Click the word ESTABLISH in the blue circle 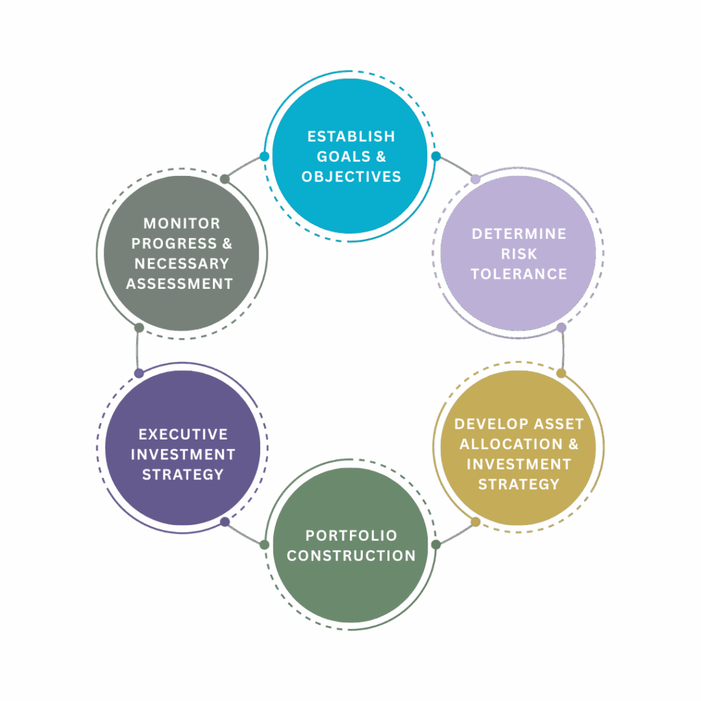[x=351, y=136]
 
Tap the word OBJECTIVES [x=351, y=177]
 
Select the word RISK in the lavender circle [x=519, y=254]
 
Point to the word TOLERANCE [x=519, y=274]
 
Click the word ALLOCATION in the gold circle [x=511, y=444]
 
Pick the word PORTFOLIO [x=351, y=535]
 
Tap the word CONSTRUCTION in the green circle [x=351, y=556]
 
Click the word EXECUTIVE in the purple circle [x=183, y=434]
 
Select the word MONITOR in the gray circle [x=182, y=224]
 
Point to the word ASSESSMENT [x=179, y=284]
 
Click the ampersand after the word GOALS [x=381, y=157]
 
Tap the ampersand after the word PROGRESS [x=227, y=244]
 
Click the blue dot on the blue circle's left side [x=264, y=157]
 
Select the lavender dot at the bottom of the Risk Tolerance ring [x=561, y=328]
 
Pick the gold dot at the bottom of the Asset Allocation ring [x=476, y=522]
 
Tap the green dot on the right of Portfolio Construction [x=436, y=544]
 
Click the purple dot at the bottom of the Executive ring [x=225, y=522]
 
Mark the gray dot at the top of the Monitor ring [x=225, y=179]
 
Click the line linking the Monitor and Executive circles [x=138, y=350]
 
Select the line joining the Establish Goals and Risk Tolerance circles [x=456, y=167]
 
